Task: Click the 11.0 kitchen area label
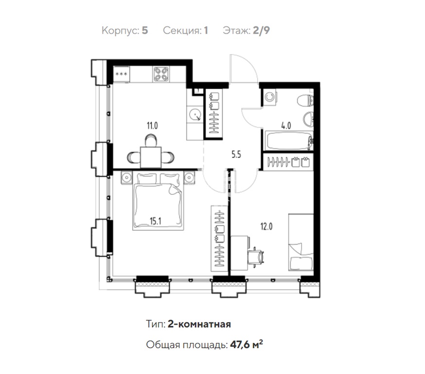point(152,126)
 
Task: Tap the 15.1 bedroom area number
point(156,221)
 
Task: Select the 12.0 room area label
point(266,226)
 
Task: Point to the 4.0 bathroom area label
point(286,126)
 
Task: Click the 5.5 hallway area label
point(236,155)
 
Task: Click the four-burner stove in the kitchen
point(161,74)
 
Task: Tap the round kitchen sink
point(195,114)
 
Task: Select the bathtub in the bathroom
point(289,141)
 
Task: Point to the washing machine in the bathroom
point(270,97)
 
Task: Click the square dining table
point(151,157)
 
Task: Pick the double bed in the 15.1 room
point(158,201)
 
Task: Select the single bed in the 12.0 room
point(301,242)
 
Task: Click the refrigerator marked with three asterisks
point(121,74)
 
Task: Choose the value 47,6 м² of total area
point(247,344)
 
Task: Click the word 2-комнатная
point(199,324)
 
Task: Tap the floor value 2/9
point(261,30)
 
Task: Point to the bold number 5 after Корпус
point(145,30)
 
